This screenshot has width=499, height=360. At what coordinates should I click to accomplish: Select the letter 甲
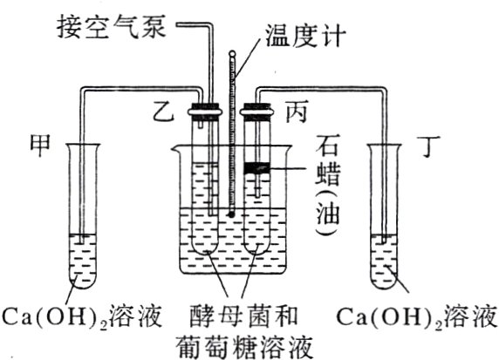(x=42, y=141)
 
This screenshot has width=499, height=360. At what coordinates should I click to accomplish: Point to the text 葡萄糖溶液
(x=244, y=343)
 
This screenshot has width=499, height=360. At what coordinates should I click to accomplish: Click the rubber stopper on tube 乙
(x=206, y=111)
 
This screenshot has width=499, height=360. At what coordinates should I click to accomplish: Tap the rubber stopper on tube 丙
(x=256, y=111)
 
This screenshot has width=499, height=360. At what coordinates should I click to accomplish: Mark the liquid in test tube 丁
(x=384, y=262)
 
